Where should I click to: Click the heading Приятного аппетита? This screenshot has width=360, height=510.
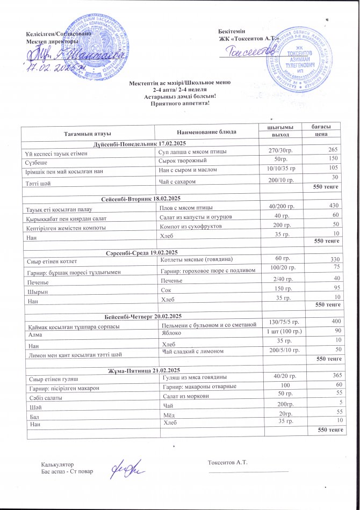pos(179,104)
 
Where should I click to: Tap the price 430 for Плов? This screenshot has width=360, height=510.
pos(334,206)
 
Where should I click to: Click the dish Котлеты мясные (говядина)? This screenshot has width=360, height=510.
pos(197,260)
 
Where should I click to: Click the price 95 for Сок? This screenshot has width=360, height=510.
pos(336,288)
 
